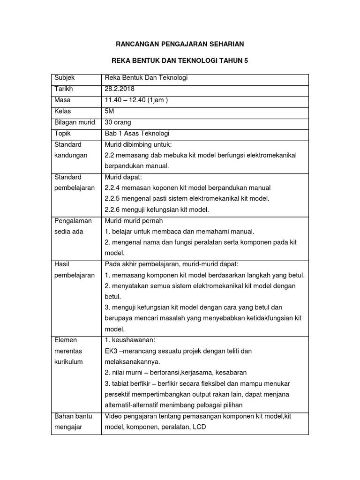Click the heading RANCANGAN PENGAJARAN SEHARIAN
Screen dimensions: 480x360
(180, 44)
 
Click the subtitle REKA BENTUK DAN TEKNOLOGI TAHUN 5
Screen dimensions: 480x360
(180, 61)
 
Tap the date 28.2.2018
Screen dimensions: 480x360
(120, 89)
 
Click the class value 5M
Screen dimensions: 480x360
(110, 111)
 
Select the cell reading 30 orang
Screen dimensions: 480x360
(119, 122)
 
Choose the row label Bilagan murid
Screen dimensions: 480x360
(75, 122)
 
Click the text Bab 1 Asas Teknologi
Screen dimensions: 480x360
(137, 133)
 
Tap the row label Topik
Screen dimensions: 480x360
(63, 133)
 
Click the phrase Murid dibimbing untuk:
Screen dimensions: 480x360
(135, 144)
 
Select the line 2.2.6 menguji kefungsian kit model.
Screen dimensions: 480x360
(157, 210)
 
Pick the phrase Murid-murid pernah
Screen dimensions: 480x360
(134, 221)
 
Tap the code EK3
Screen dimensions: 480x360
(112, 351)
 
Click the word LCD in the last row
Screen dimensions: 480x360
(199, 427)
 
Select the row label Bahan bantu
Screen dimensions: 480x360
(73, 416)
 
